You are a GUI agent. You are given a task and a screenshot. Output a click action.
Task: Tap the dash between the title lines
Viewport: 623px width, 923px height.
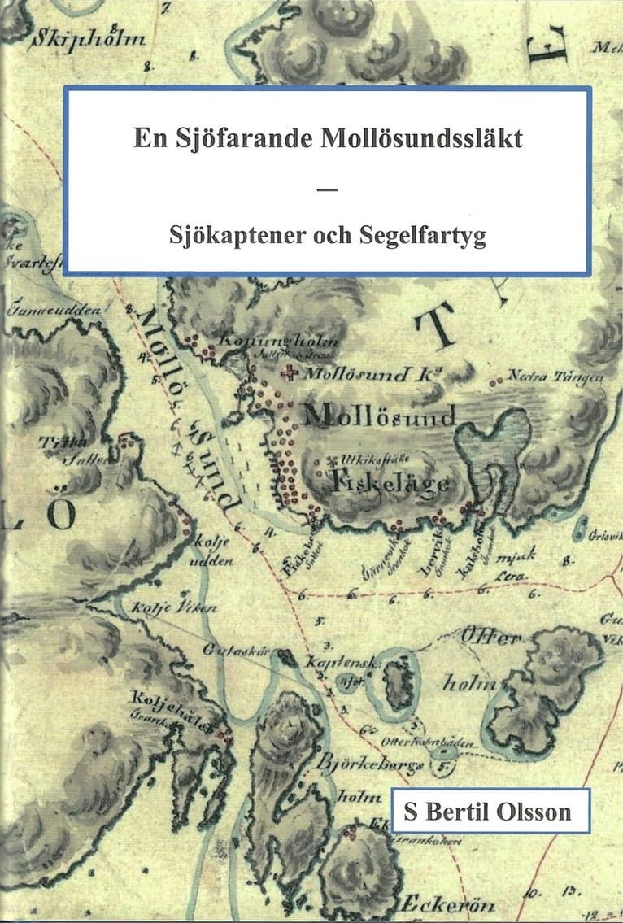tap(327, 189)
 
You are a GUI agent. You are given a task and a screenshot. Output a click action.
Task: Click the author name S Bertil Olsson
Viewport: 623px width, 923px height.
tap(490, 811)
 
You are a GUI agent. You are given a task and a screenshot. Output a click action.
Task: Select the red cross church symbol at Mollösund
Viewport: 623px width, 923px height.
tap(287, 374)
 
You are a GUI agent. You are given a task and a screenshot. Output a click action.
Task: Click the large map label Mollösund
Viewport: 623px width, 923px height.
tap(379, 417)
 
